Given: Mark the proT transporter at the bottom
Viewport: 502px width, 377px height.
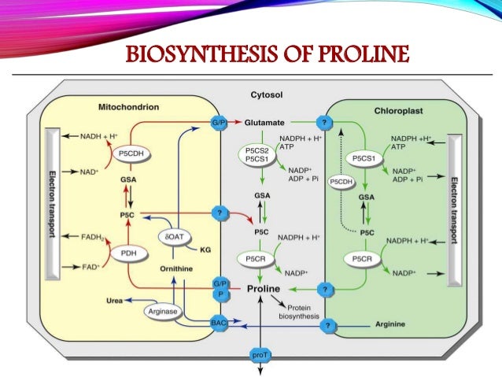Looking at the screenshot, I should pyautogui.click(x=259, y=355).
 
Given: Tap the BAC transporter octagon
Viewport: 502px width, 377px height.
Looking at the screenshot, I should pyautogui.click(x=219, y=322).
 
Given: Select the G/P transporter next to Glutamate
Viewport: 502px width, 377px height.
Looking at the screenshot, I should pyautogui.click(x=220, y=123).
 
